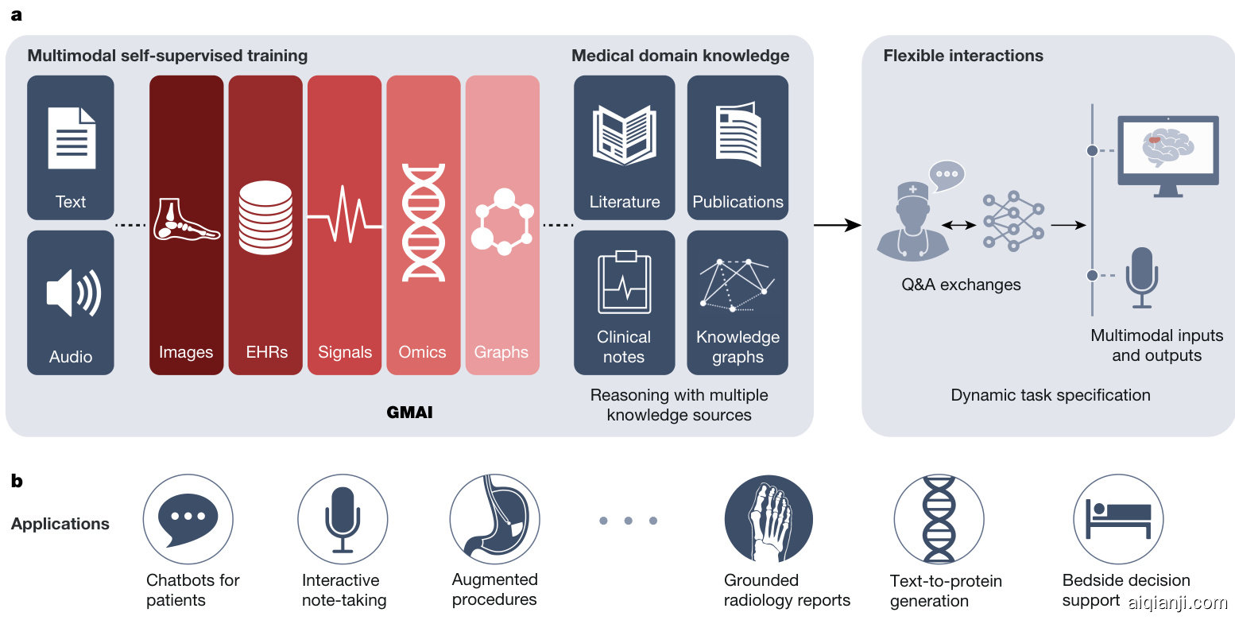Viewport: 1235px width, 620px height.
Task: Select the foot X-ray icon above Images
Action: coord(186,220)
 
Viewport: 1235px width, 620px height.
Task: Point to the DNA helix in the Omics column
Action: coord(423,222)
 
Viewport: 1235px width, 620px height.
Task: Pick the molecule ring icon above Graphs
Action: coord(502,222)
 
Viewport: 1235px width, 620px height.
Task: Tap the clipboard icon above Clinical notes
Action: coord(624,283)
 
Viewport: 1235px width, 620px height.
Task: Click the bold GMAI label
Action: coord(409,413)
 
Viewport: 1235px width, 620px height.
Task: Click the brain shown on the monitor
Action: coord(1167,148)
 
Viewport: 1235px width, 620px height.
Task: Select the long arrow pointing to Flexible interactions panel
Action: coord(837,225)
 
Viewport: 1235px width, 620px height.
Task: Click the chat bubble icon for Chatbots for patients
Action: coord(188,519)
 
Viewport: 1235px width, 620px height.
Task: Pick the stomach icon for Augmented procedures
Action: coord(494,519)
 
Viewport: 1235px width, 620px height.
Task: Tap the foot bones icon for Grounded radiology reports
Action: coord(768,519)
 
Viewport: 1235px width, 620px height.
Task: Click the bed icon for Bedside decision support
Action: coord(1118,519)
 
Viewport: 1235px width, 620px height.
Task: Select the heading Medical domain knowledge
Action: coord(680,56)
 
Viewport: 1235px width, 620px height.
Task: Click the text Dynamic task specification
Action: coord(1050,395)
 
